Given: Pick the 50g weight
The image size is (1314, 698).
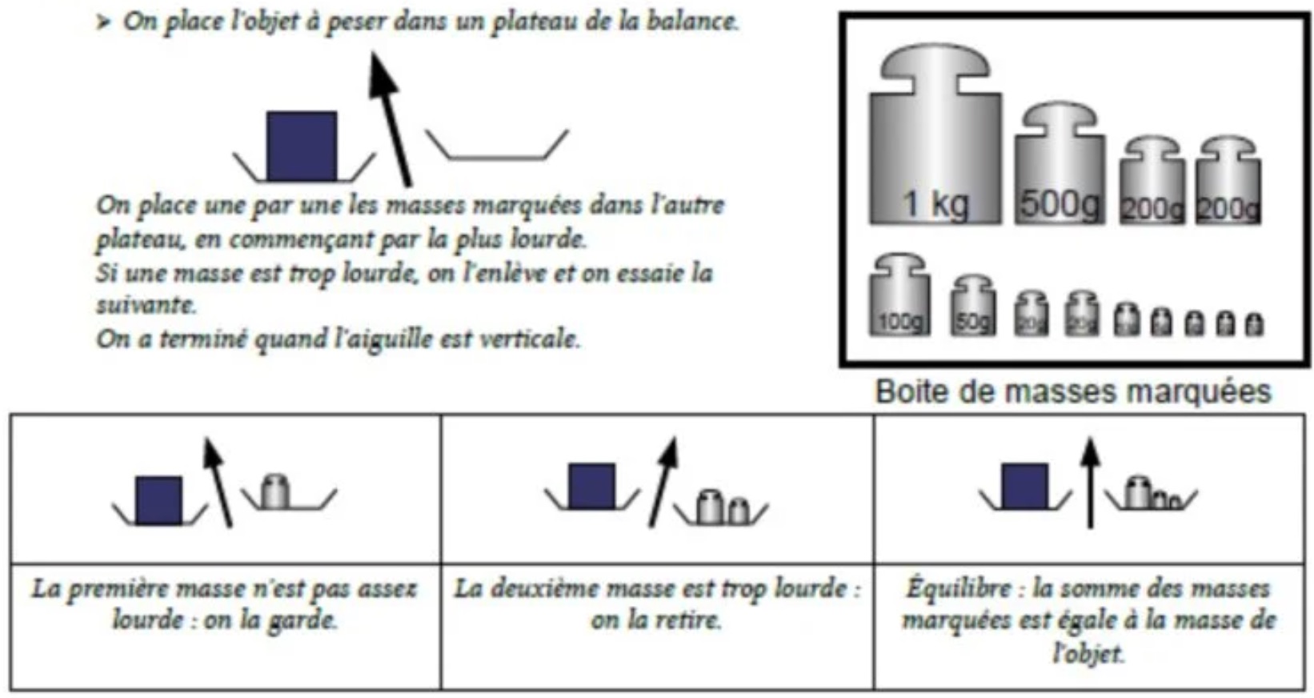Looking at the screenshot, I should (x=973, y=308).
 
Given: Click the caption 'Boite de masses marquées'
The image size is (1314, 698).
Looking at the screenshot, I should (x=1072, y=391).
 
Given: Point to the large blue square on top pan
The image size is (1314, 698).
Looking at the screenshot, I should (x=301, y=146).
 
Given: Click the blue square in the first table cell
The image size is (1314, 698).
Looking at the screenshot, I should (x=158, y=500).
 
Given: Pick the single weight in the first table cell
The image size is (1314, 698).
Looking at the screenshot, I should (x=276, y=491).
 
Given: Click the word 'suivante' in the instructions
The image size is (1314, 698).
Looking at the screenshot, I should (x=146, y=305).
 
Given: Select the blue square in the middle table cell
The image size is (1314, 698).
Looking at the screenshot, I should (x=591, y=486).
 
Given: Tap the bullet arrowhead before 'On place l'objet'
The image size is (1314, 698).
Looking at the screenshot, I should (x=103, y=22).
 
